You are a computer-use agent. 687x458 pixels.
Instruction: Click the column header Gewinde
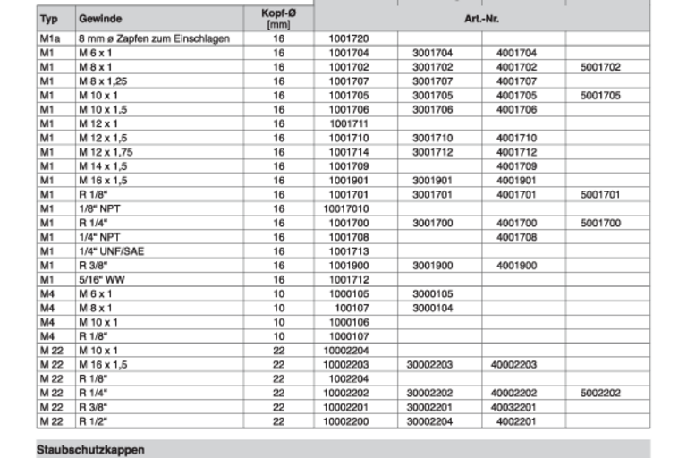coord(100,19)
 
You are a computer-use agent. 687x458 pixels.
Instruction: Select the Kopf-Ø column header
coord(278,19)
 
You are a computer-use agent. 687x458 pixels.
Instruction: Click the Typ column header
coord(50,19)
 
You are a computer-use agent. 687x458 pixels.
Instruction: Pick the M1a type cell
coord(50,38)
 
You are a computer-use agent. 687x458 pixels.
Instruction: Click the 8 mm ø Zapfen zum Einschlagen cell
coord(153,38)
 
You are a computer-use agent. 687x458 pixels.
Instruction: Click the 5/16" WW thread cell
coord(102,279)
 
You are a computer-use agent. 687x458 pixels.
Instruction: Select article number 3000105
coord(432,293)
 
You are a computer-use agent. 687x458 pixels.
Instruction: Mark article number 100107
coord(351,308)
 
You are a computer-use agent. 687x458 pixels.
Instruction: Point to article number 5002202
coord(600,393)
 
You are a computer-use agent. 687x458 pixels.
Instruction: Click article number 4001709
coord(516,166)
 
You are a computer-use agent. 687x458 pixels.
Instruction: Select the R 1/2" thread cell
coord(92,421)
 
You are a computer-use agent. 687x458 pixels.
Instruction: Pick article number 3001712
coord(432,152)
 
